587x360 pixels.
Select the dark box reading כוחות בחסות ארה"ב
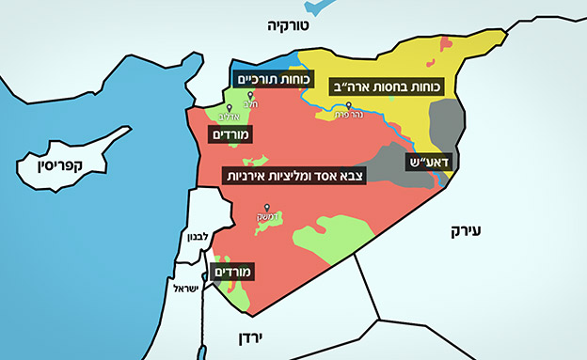tap(391, 86)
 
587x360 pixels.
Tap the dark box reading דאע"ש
tap(430, 162)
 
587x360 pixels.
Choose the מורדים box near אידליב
tap(230, 136)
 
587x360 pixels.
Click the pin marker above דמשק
tap(267, 208)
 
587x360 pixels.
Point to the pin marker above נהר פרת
tap(349, 105)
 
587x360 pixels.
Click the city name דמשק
tap(267, 218)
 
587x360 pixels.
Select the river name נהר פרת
tap(349, 116)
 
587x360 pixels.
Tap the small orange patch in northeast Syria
tap(445, 42)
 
